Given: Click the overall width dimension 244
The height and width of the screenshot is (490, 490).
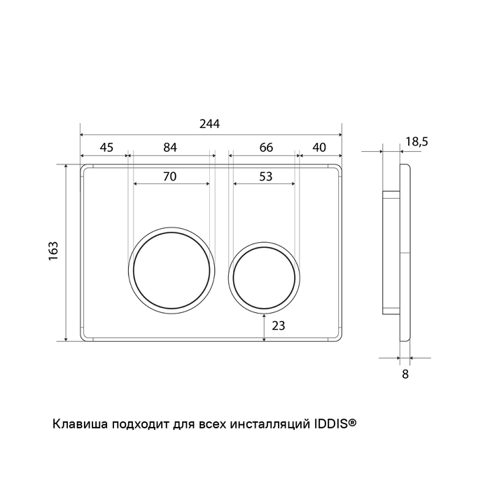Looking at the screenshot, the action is tap(209, 124).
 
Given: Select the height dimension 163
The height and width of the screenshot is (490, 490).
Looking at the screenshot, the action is tap(53, 251).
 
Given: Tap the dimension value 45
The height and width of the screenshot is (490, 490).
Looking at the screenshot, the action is tap(106, 148).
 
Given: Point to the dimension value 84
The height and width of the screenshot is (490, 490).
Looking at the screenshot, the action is tap(170, 148).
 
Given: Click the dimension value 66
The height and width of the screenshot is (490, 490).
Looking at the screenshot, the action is tap(266, 148).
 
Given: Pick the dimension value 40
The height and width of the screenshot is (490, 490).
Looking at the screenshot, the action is tap(319, 148).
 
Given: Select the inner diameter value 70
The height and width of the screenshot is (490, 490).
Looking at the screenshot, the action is tap(170, 177).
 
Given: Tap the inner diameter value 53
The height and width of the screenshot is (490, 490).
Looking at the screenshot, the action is tap(266, 177).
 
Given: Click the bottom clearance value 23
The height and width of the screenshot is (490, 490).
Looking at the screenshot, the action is tap(279, 326).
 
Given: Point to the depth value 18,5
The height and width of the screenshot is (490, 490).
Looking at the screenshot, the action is tap(417, 142).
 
